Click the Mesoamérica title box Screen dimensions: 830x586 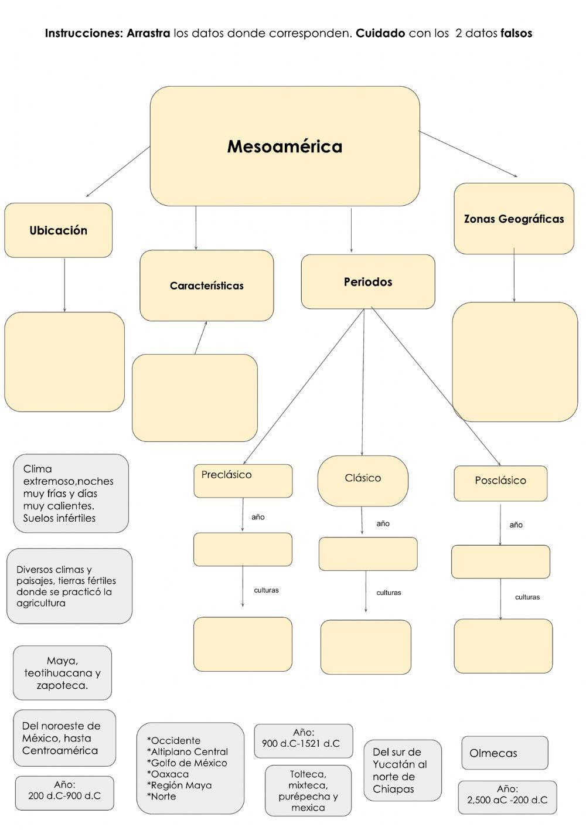285,147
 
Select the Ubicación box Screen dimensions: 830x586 59,230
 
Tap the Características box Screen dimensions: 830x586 206,285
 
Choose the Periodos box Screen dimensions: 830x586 368,282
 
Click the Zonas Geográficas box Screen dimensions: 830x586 514,219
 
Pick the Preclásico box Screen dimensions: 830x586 243,481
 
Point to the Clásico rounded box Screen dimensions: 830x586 363,481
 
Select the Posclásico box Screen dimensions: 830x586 500,483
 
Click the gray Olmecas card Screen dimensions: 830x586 505,753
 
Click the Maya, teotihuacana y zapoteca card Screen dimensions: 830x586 62,673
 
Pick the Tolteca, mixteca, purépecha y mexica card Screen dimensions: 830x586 308,791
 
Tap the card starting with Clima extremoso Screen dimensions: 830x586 71,494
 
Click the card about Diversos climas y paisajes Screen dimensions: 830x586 69,586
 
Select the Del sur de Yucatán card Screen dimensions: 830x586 403,770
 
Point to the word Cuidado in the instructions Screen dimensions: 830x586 380,33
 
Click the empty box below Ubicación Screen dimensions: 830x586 64,362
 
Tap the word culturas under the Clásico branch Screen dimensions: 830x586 389,593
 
